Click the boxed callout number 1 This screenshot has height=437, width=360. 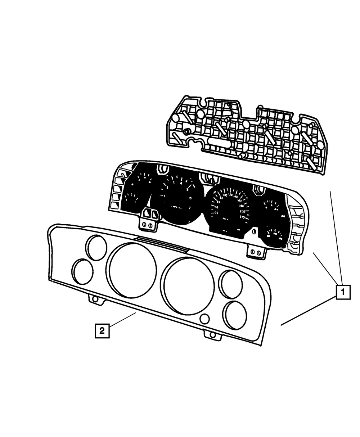tap(343, 292)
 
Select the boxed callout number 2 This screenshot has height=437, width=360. tap(102, 330)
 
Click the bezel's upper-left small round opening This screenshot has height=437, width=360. tap(96, 247)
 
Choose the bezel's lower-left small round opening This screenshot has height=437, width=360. tap(83, 271)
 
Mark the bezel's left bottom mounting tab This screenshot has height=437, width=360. tap(94, 299)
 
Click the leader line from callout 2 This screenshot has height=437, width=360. tap(122, 320)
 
